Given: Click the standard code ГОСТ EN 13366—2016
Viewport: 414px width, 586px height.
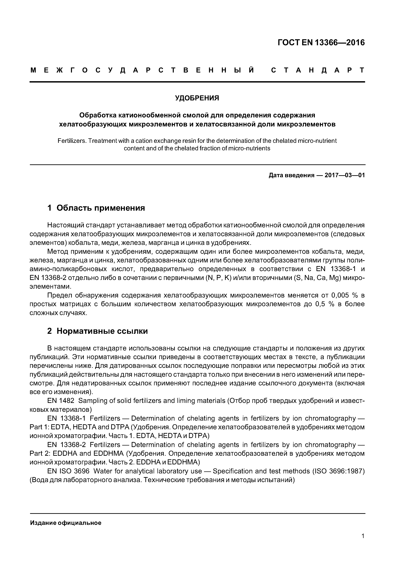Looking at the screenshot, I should click(x=321, y=43).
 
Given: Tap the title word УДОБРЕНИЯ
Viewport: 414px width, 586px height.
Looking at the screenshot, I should click(x=197, y=98).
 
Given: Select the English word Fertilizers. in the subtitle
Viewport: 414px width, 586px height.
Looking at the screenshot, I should click(x=72, y=141).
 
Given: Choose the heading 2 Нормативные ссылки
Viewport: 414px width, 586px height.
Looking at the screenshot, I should click(x=97, y=331).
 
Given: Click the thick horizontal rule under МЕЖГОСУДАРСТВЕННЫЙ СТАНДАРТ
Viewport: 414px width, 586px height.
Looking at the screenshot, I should click(x=197, y=82).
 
